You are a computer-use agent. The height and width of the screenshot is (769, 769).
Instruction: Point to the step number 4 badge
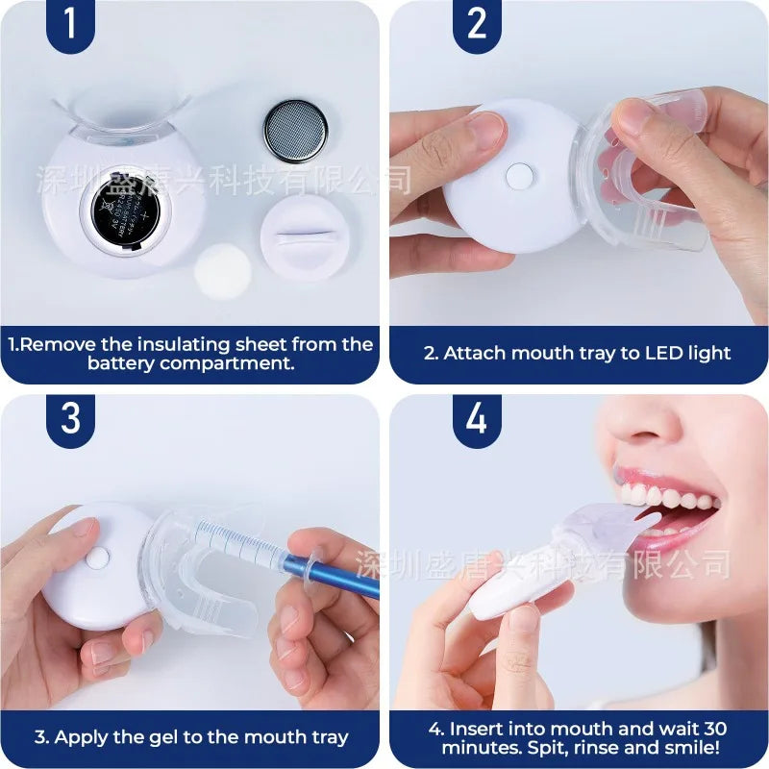tap(478, 419)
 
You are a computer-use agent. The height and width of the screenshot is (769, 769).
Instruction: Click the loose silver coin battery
tap(296, 132)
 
